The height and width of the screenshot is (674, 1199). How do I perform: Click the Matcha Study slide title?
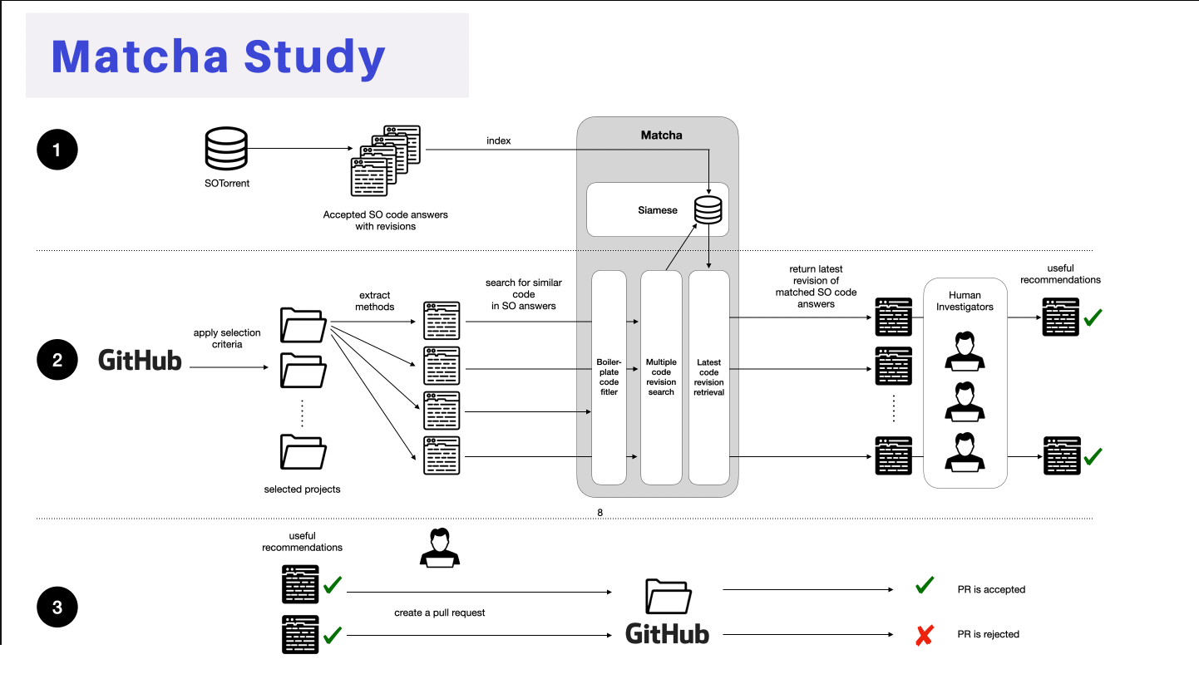(x=219, y=57)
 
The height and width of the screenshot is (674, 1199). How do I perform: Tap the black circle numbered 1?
(x=57, y=150)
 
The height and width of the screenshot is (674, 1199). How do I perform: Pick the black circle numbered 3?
(x=57, y=608)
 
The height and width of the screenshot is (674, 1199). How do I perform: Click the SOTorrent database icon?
(x=226, y=148)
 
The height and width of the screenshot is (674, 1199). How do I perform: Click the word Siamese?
(x=658, y=210)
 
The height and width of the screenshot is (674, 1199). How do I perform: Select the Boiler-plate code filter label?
(x=609, y=376)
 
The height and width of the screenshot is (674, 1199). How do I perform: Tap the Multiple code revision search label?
(x=661, y=376)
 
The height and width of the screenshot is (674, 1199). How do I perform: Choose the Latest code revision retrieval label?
(x=709, y=376)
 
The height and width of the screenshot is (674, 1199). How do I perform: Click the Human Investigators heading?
(x=965, y=301)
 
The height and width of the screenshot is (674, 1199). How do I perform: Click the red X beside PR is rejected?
(x=923, y=636)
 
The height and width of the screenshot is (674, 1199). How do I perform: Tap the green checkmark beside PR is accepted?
(x=924, y=587)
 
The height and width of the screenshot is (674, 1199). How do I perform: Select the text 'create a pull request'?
(x=440, y=613)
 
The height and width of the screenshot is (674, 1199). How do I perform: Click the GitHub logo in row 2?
(x=140, y=360)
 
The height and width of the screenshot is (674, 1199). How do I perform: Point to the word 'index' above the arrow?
(x=499, y=140)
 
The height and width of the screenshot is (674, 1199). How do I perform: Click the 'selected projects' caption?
(x=302, y=489)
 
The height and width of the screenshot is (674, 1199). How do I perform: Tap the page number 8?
(x=599, y=513)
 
